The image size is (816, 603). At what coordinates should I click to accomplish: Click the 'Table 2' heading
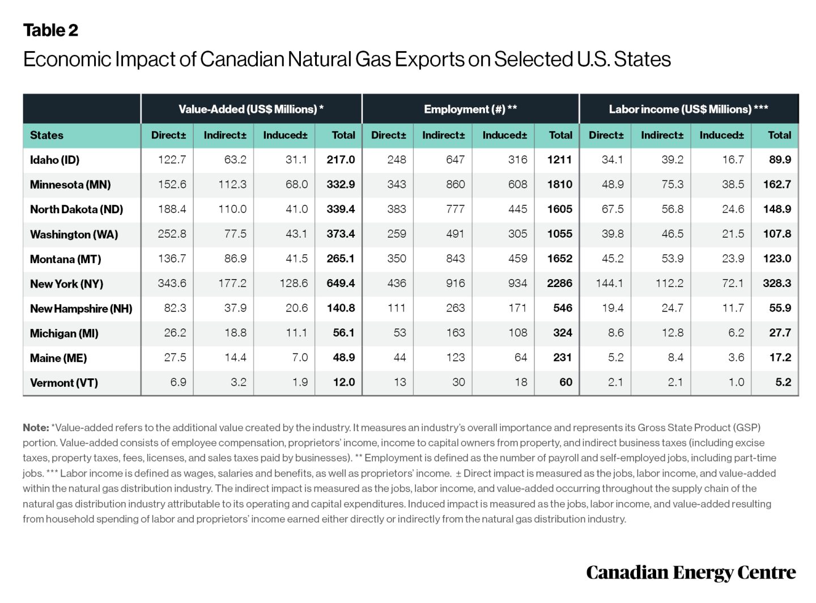pyautogui.click(x=50, y=30)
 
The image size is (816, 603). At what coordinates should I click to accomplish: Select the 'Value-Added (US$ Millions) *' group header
pyautogui.click(x=250, y=109)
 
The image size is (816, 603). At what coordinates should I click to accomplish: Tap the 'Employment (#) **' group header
pyautogui.click(x=470, y=109)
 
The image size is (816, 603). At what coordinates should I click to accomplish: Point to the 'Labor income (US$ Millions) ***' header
pyautogui.click(x=688, y=109)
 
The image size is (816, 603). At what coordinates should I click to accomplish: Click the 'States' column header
pyautogui.click(x=46, y=135)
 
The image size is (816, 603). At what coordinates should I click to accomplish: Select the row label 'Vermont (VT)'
pyautogui.click(x=63, y=382)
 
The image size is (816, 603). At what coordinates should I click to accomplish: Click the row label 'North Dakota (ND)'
pyautogui.click(x=76, y=209)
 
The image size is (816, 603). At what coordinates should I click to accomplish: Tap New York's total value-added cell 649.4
pyautogui.click(x=341, y=283)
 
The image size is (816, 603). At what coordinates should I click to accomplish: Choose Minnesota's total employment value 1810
pyautogui.click(x=559, y=184)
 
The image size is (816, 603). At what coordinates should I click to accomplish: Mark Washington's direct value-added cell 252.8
pyautogui.click(x=172, y=234)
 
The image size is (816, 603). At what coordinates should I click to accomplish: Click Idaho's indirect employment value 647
pyautogui.click(x=455, y=159)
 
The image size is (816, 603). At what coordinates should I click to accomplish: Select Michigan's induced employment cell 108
pyautogui.click(x=517, y=332)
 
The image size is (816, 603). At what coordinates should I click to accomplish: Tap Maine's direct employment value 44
pyautogui.click(x=399, y=357)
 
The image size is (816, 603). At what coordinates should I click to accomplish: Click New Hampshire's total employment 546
pyautogui.click(x=562, y=308)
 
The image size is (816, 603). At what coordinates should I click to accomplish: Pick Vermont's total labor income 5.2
pyautogui.click(x=783, y=382)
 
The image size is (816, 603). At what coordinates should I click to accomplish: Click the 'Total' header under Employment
pyautogui.click(x=560, y=135)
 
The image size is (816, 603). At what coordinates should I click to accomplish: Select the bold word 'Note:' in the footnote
pyautogui.click(x=35, y=427)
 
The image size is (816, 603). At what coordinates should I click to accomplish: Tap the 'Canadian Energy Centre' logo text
pyautogui.click(x=690, y=572)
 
